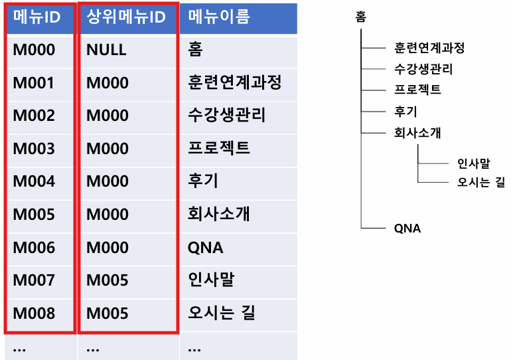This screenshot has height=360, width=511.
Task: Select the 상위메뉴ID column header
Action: [x=126, y=17]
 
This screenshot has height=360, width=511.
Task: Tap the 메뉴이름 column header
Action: [x=219, y=17]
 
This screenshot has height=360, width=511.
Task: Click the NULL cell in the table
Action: [x=106, y=50]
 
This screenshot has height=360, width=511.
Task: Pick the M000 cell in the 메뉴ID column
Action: [x=34, y=50]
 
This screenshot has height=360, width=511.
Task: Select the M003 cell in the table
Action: [x=34, y=149]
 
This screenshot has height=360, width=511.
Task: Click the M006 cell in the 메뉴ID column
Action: [x=34, y=248]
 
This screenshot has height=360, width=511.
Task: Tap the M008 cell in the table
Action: [x=34, y=313]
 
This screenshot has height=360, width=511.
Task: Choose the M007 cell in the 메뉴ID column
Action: [x=34, y=280]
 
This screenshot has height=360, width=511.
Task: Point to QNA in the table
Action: [x=206, y=248]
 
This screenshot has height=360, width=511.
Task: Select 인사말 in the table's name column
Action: [x=211, y=280]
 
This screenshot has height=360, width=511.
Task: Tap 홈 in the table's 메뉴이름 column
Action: [x=195, y=50]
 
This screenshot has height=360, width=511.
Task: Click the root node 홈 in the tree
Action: [x=361, y=18]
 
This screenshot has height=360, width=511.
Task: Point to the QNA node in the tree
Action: [x=407, y=228]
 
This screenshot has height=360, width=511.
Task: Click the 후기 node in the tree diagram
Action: [x=405, y=111]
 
